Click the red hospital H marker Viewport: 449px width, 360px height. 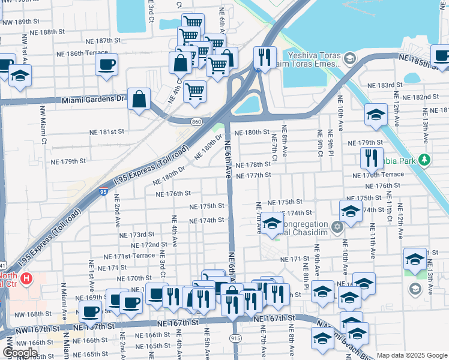click(26, 278)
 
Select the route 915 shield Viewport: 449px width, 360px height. click(235, 338)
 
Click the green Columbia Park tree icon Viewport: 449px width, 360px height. click(425, 160)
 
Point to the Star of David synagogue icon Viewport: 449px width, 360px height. click(337, 227)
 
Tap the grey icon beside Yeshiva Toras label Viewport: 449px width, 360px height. click(351, 59)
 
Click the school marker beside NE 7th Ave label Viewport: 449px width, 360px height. click(272, 224)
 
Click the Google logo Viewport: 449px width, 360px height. click(20, 353)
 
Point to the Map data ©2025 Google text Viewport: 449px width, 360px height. click(412, 355)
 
